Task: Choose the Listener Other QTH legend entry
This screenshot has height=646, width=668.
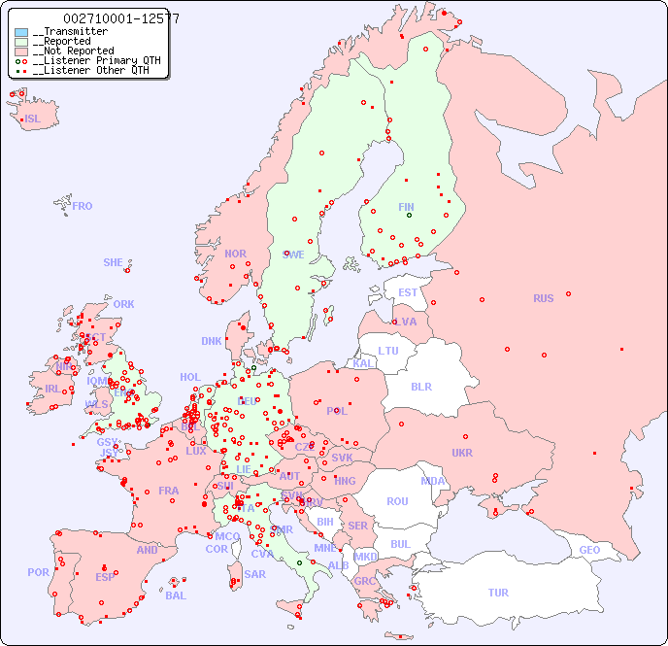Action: coord(88,70)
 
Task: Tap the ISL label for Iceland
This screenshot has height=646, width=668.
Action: coord(32,119)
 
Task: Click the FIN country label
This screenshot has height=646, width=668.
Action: coord(406,207)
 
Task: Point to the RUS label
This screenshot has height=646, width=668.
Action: coord(543,298)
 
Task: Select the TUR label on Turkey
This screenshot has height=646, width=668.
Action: coord(498,593)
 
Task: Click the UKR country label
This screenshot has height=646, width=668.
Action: coord(461,453)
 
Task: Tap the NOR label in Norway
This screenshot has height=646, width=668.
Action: coord(235,254)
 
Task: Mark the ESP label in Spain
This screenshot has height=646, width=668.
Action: coord(105,576)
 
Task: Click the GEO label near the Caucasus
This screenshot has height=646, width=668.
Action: coord(589,550)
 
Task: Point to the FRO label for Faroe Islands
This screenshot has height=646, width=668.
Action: coord(82,206)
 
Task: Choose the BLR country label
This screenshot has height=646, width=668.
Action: coord(420,386)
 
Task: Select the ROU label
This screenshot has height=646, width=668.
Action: coord(397,501)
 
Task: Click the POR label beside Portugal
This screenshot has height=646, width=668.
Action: coord(38,572)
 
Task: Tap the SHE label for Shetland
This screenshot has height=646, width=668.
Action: coord(113,262)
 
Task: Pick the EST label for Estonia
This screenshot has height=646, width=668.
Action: coord(408,292)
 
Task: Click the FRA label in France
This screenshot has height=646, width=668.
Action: coord(169,491)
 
